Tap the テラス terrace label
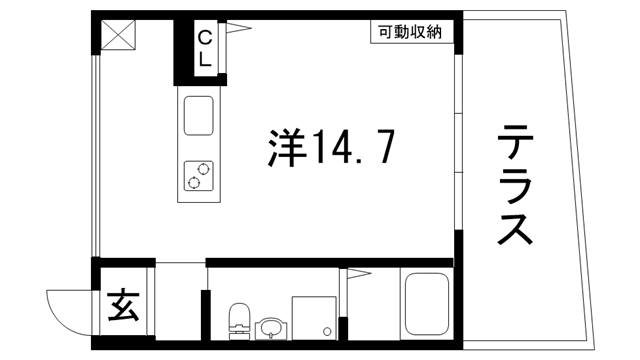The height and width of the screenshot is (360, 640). [x=513, y=187]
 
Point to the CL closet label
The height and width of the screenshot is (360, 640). [x=204, y=48]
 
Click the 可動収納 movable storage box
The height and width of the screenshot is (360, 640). [x=411, y=32]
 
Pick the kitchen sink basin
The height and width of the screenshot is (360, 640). [x=197, y=116]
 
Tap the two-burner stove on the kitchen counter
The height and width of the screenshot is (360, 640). [x=197, y=175]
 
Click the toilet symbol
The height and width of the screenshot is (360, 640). [x=239, y=321]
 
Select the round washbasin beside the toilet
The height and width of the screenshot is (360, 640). [x=270, y=328]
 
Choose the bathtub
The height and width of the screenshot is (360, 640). [x=427, y=305]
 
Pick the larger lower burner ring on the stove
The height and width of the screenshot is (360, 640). [x=191, y=181]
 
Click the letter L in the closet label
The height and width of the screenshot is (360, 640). [x=204, y=58]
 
